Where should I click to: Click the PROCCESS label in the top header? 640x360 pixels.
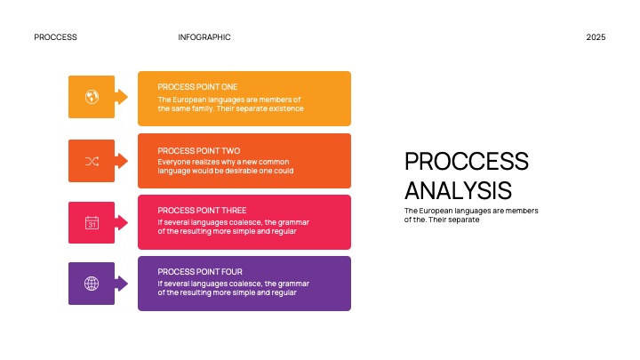(x=55, y=37)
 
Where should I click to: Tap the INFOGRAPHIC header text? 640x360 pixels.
(x=204, y=37)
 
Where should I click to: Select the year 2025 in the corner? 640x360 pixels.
(x=596, y=37)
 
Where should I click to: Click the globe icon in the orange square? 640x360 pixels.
(x=92, y=97)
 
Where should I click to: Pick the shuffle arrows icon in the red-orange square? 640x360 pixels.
(x=92, y=161)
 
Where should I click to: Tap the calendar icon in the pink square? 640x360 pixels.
(x=92, y=222)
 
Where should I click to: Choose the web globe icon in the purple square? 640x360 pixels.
(x=92, y=284)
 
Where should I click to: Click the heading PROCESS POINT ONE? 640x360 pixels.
(x=197, y=87)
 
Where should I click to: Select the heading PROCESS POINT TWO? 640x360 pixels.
(x=198, y=151)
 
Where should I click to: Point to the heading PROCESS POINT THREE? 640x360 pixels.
(x=202, y=211)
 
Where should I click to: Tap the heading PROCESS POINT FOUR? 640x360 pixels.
(x=200, y=271)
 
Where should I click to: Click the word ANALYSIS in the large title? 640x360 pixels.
(x=457, y=190)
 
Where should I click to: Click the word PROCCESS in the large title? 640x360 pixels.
(x=466, y=161)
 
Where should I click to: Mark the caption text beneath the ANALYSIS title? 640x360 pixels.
(x=459, y=214)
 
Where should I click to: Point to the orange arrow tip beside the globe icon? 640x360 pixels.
(x=123, y=97)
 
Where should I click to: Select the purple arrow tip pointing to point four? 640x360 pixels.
(x=123, y=284)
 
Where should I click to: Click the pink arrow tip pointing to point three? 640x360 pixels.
(x=123, y=222)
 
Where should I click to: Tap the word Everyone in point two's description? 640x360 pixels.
(x=174, y=162)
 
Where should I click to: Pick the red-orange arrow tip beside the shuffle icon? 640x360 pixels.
(x=123, y=161)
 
